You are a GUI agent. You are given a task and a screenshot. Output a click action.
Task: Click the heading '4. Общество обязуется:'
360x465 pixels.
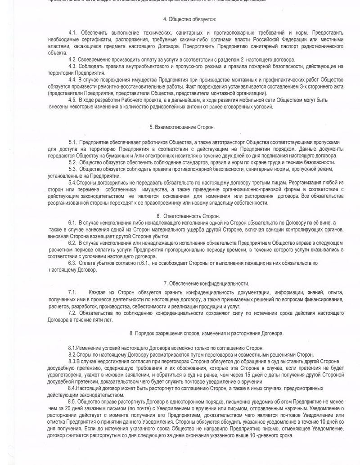coord(189,19)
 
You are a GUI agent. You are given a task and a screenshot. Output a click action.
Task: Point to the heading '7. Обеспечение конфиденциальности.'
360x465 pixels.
coord(207,283)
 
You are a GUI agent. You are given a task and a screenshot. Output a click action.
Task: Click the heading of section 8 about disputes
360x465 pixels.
coord(206,334)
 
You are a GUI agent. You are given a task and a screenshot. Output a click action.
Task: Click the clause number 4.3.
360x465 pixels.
coord(73,66)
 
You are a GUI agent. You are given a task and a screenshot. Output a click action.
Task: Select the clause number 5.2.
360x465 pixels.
coord(73,162)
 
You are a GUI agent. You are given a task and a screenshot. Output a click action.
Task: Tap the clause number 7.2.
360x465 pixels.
coord(73,313)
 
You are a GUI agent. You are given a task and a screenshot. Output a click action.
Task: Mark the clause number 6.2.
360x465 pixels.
coord(73,243)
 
